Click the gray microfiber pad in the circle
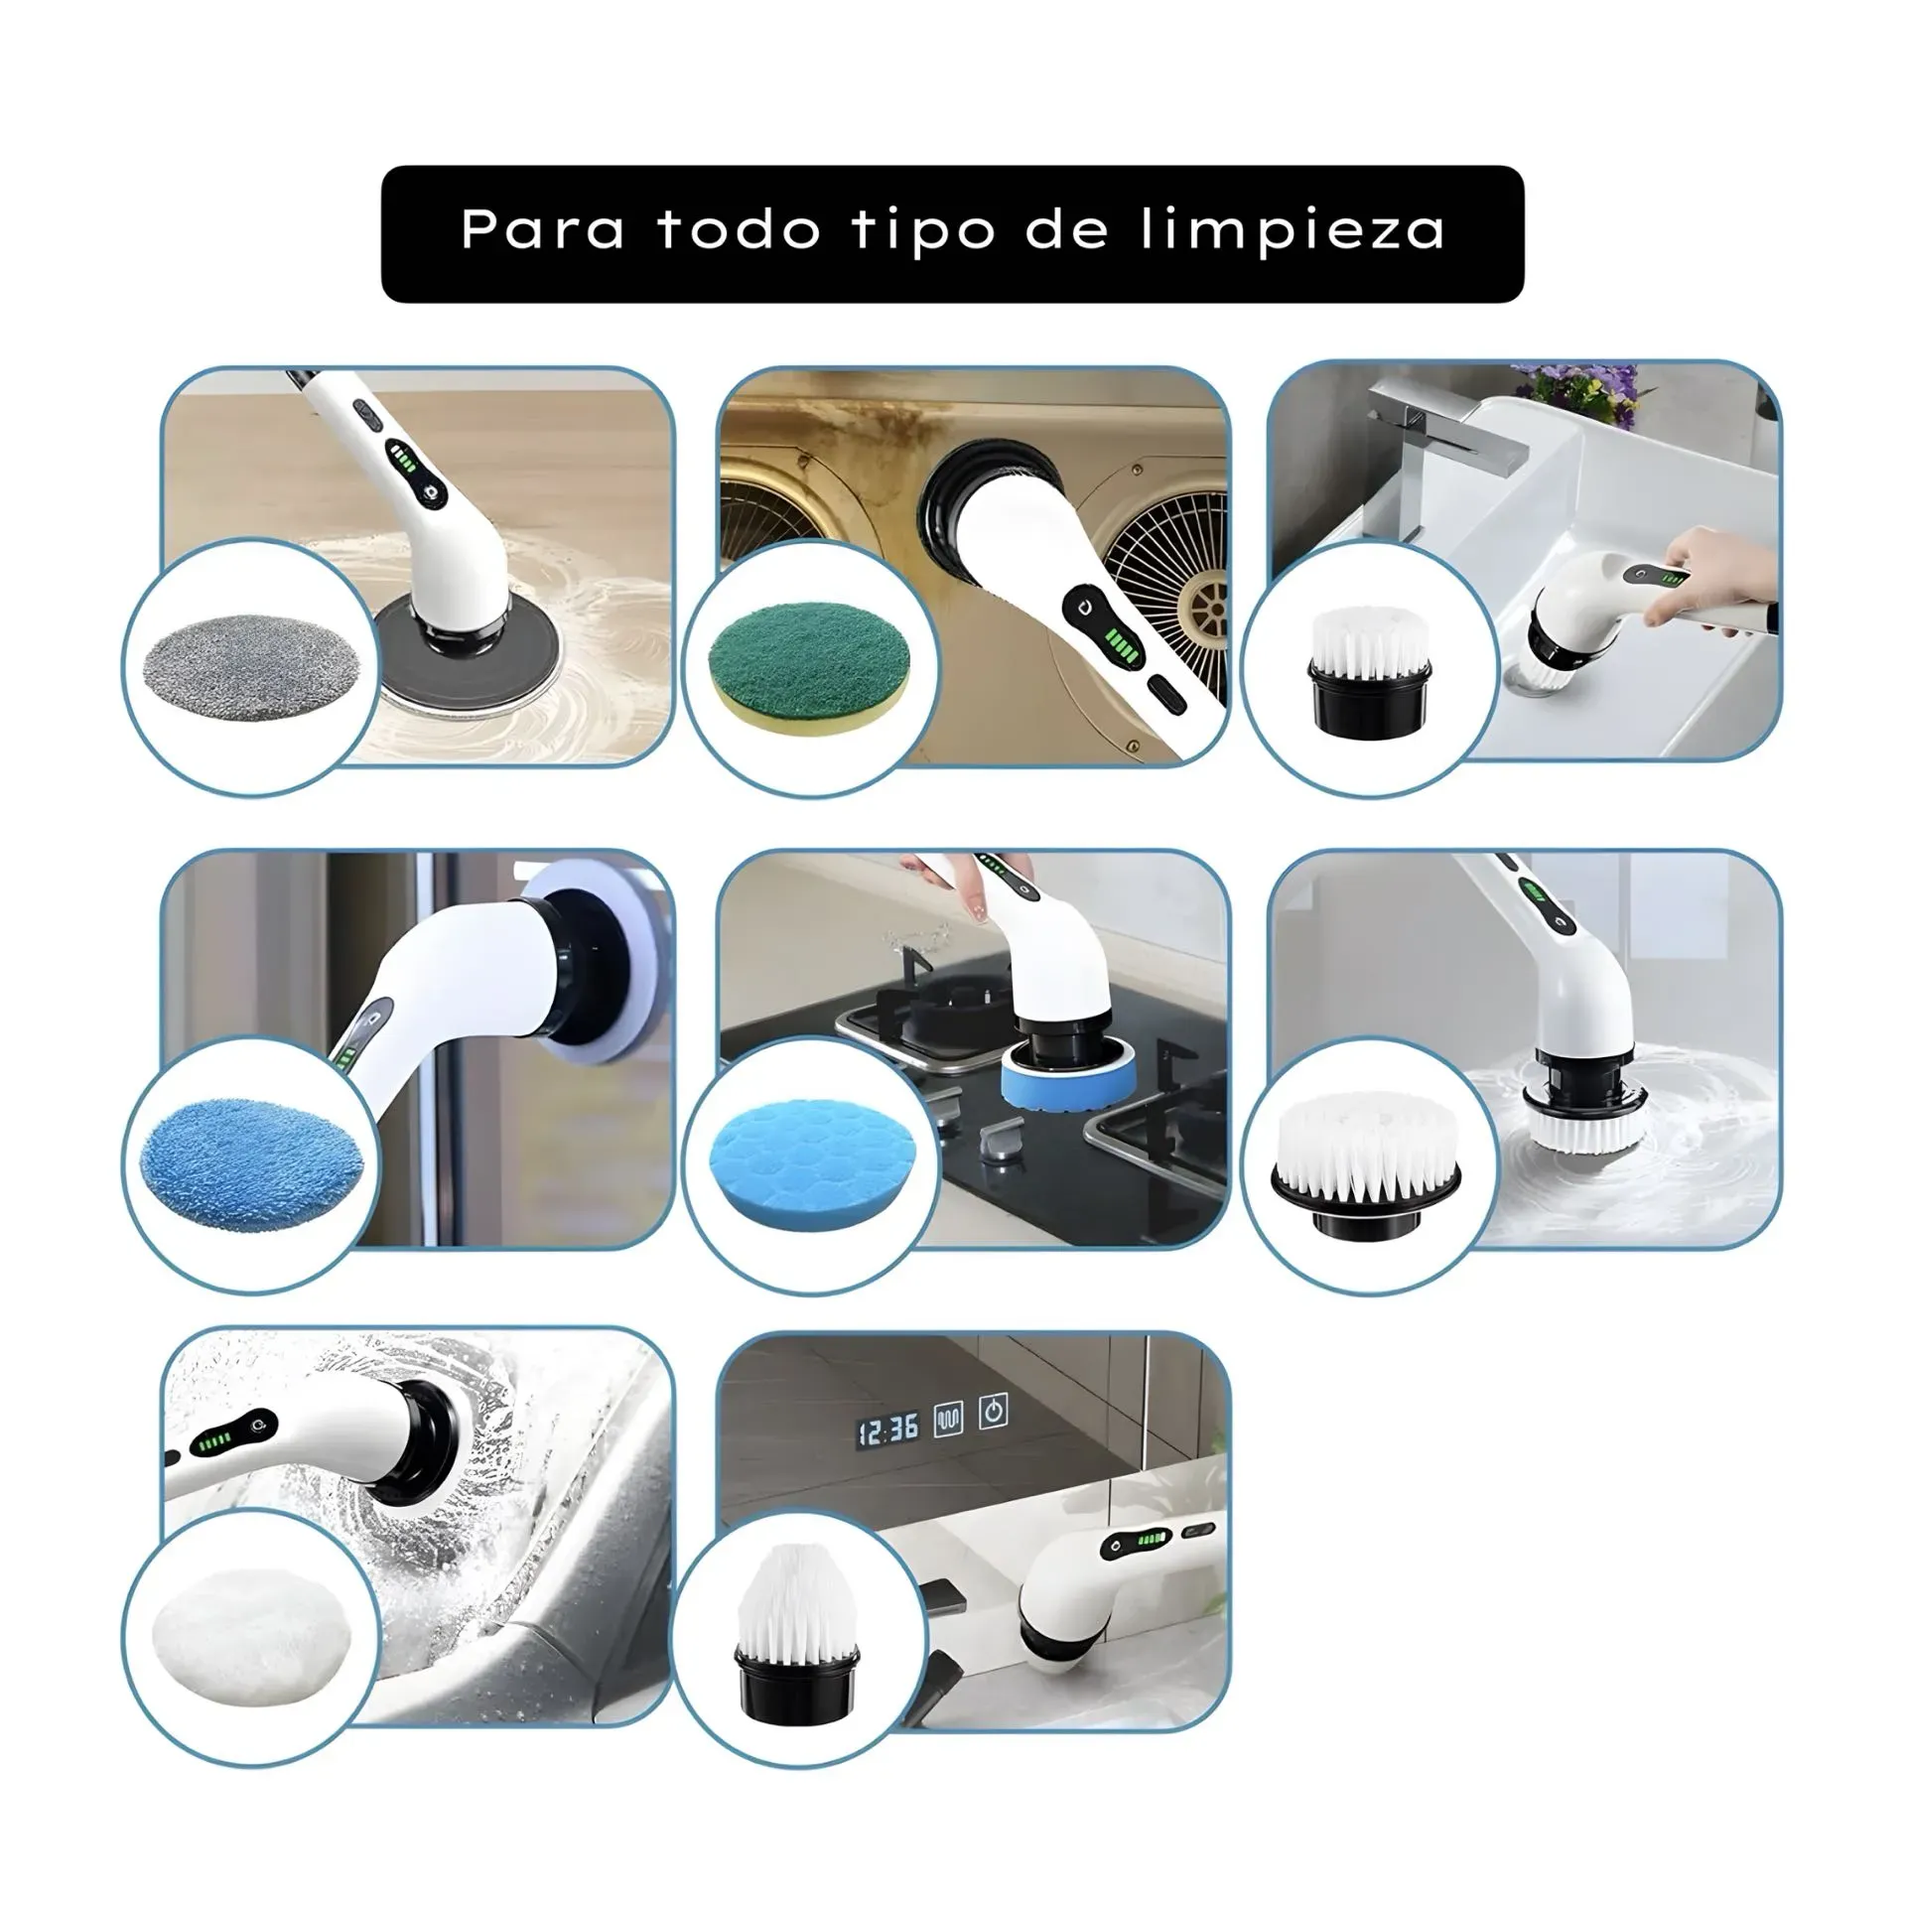(x=251, y=665)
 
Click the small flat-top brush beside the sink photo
(x=1368, y=674)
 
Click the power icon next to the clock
(x=994, y=1412)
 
